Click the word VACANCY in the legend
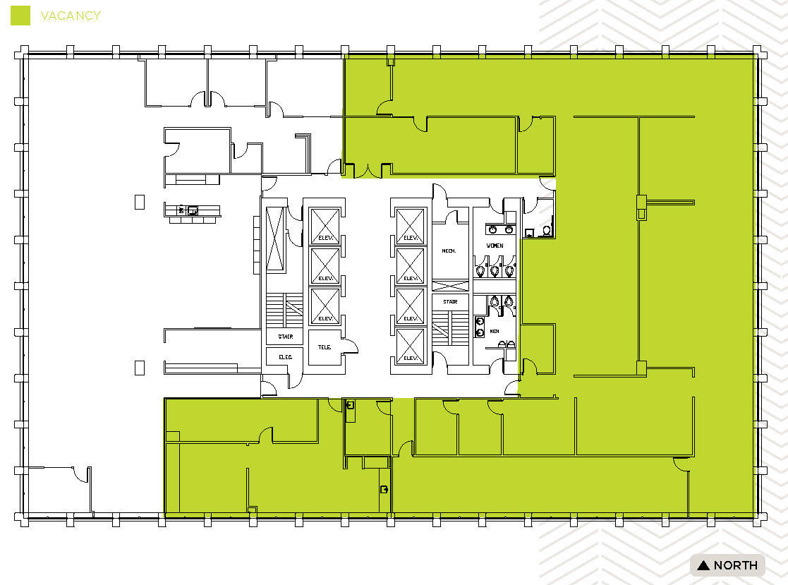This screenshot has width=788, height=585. pos(71,16)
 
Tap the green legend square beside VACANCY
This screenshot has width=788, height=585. pos(21,16)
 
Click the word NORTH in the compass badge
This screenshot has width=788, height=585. pos(736,565)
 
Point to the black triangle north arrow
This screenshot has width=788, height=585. pos(703,565)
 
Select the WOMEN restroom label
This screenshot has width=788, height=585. pos(495,245)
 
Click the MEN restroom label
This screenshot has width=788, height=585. pos(495,331)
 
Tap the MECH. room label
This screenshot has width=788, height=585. pos(449,251)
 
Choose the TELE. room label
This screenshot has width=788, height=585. pos(325,346)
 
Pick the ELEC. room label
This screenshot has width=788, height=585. pos(285,357)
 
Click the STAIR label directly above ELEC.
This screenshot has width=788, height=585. pos(285,337)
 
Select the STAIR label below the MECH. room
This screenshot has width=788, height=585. pos(450,301)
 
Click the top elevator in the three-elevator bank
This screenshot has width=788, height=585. pos(325,227)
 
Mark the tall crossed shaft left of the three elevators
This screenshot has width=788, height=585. pos(274,239)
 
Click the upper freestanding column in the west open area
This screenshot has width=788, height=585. pos(140,202)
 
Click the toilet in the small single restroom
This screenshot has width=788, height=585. pos(546,230)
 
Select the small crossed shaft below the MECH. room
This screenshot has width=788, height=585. pos(450,285)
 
